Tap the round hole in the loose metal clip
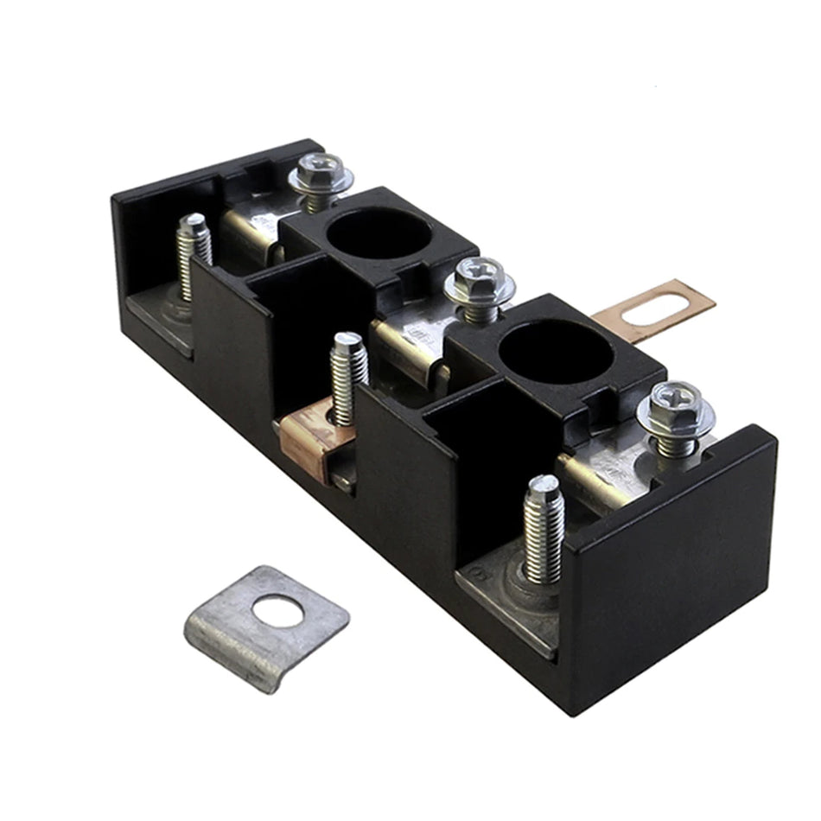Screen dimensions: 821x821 [x=278, y=613]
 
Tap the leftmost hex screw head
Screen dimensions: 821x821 [x=321, y=173]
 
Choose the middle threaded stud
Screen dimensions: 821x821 [x=347, y=377]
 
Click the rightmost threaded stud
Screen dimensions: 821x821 [x=543, y=528]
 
